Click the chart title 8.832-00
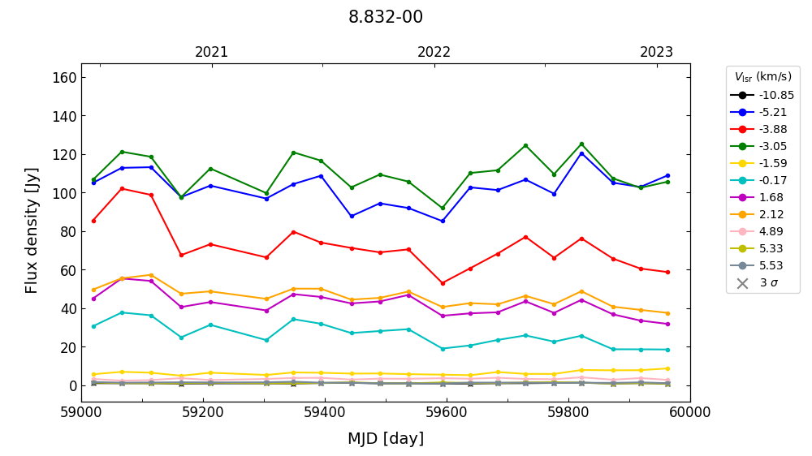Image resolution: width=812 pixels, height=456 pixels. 386,17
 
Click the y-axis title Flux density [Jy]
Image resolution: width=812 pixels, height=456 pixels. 32,230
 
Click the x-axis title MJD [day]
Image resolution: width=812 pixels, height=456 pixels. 386,439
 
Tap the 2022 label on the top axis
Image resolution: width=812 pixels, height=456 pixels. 434,53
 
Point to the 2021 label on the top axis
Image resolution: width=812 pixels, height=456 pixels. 212,53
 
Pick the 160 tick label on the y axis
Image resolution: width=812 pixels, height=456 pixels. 65,78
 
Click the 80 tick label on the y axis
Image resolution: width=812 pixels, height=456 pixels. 69,232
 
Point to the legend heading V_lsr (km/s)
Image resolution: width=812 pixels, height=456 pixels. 762,77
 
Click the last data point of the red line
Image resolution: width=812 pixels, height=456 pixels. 667,272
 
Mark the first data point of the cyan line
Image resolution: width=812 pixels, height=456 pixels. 93,326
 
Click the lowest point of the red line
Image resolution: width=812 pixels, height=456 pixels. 443,283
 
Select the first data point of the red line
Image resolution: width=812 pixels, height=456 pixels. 93,221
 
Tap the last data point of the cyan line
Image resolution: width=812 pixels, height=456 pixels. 667,350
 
